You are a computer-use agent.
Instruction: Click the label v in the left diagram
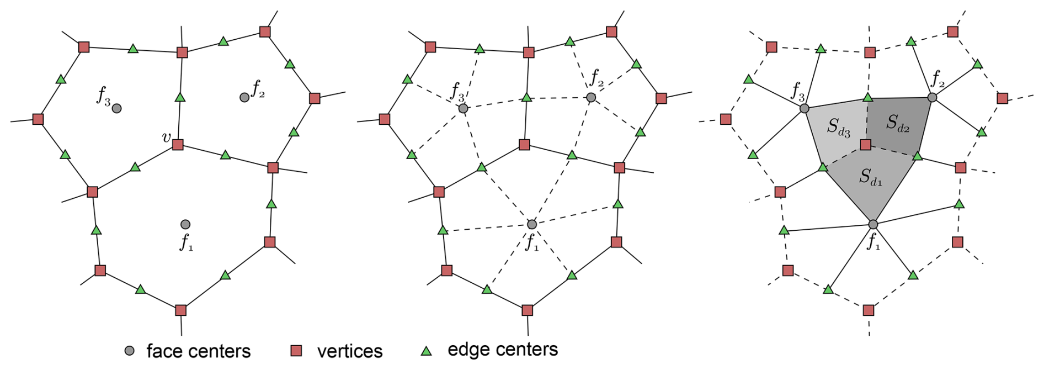tap(166, 137)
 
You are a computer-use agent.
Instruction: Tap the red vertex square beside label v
tap(178, 145)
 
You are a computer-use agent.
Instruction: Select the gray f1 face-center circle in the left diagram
tap(185, 224)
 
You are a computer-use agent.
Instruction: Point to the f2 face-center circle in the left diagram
tap(244, 97)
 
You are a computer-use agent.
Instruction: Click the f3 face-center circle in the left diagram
tap(116, 108)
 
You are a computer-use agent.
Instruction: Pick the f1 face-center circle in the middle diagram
tap(532, 224)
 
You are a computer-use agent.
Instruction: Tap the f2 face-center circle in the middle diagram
tap(591, 97)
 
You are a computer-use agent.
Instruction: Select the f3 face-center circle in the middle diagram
tap(463, 108)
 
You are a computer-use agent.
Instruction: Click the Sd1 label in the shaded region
tap(871, 177)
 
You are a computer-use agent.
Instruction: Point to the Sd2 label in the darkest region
tap(898, 123)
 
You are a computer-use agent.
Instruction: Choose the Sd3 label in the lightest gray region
tap(838, 127)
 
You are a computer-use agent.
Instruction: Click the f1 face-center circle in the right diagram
tap(873, 224)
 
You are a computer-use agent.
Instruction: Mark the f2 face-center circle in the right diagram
tap(932, 97)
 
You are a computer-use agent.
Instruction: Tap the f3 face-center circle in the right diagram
tap(805, 108)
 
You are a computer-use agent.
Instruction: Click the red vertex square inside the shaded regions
tap(866, 145)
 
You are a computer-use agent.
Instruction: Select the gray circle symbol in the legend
tap(129, 351)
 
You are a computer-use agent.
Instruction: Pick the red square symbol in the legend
tap(296, 351)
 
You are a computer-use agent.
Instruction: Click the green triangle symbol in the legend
tap(426, 351)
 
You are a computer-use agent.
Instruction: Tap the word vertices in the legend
tap(350, 351)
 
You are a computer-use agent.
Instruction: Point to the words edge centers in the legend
tap(503, 350)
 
